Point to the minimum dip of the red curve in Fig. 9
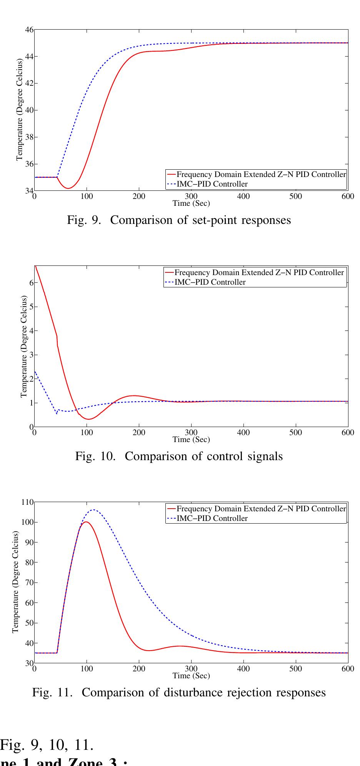click(68, 188)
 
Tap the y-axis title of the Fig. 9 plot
click(19, 110)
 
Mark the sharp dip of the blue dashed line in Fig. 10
click(57, 414)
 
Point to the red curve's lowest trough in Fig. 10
click(88, 419)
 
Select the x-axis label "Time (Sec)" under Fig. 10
click(191, 439)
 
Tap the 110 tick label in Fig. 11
click(28, 502)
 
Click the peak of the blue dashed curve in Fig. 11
click(93, 510)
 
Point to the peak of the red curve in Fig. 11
click(86, 522)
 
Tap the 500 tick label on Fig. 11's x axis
click(295, 669)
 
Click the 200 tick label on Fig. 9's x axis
click(139, 196)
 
